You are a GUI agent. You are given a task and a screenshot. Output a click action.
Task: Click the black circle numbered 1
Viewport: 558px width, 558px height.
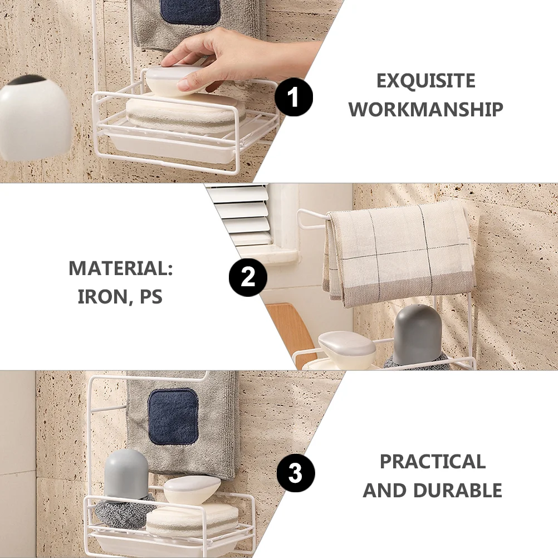click(x=293, y=97)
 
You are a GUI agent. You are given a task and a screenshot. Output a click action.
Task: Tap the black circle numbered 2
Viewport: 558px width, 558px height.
click(x=248, y=277)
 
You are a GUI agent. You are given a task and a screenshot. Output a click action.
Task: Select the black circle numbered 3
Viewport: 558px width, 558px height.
click(x=295, y=473)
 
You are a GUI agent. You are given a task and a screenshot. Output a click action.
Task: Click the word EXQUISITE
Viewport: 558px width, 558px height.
click(x=425, y=81)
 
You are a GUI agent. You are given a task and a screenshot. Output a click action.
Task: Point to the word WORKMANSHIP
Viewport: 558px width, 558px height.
click(x=425, y=109)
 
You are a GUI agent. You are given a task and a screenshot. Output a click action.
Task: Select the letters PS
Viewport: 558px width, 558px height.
click(x=151, y=297)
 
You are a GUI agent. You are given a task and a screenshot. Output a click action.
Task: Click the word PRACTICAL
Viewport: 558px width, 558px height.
click(x=432, y=462)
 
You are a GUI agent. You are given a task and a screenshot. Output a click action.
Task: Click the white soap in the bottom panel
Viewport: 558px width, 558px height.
click(x=192, y=490)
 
